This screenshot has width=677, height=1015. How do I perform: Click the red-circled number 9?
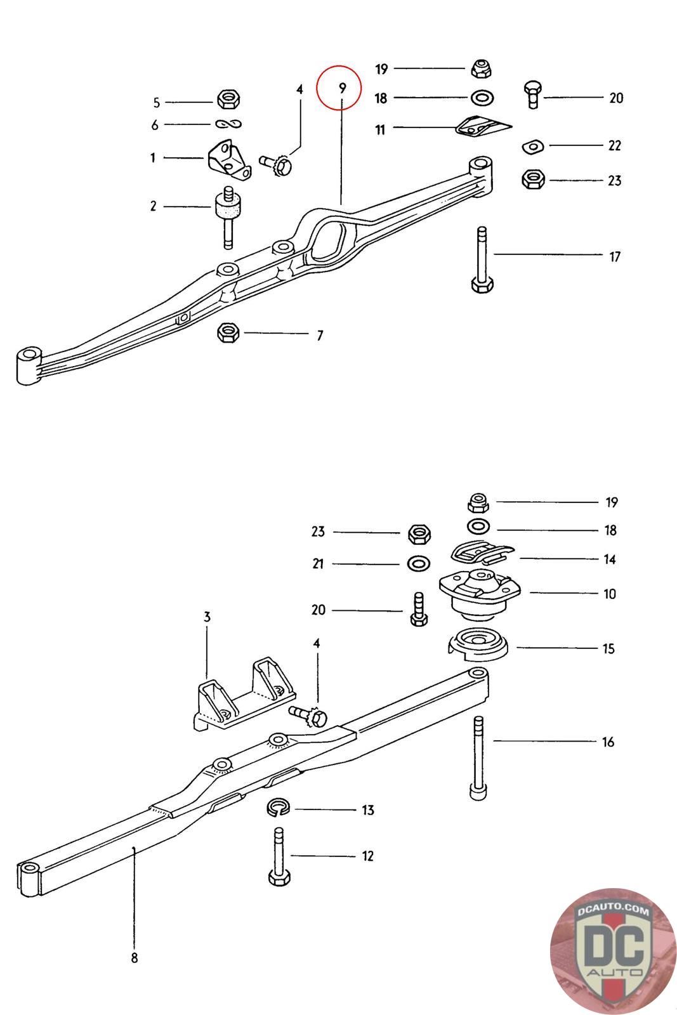pyautogui.click(x=342, y=88)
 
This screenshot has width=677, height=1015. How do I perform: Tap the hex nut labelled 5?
pyautogui.click(x=229, y=99)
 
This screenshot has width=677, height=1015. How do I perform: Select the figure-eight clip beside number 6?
pyautogui.click(x=228, y=124)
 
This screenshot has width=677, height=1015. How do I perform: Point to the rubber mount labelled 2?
pyautogui.click(x=228, y=216)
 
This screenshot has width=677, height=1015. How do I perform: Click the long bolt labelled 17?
pyautogui.click(x=482, y=259)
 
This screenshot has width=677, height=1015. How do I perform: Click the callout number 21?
pyautogui.click(x=318, y=564)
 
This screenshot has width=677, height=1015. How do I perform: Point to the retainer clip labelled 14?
pyautogui.click(x=482, y=553)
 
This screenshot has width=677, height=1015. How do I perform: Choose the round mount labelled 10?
pyautogui.click(x=480, y=594)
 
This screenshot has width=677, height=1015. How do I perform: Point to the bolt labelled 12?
pyautogui.click(x=280, y=856)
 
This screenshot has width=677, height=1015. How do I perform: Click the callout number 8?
pyautogui.click(x=134, y=958)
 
